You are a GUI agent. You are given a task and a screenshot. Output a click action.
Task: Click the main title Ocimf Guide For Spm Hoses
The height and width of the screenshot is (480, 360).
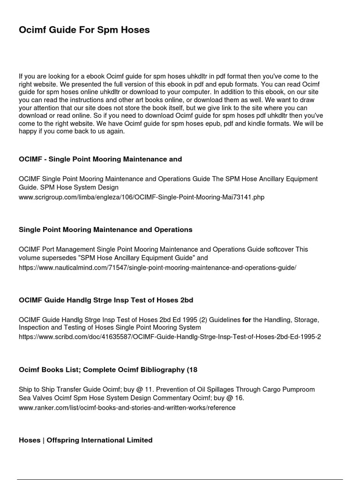tap(84, 30)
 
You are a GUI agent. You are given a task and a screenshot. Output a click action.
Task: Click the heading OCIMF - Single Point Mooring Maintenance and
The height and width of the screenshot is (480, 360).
tap(100, 159)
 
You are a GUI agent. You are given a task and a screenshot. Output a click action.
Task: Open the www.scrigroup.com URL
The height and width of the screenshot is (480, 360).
tap(142, 197)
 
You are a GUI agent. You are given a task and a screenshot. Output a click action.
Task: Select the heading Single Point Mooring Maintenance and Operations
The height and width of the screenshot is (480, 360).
tap(105, 230)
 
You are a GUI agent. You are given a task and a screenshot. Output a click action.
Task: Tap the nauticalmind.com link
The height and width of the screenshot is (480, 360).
tap(157, 267)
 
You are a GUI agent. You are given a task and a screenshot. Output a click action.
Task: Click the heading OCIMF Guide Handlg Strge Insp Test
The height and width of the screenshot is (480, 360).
tap(106, 300)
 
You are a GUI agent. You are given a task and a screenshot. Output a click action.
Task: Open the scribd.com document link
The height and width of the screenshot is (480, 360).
tap(170, 337)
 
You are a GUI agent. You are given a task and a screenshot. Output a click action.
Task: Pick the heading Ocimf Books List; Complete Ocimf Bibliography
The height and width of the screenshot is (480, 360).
tap(108, 370)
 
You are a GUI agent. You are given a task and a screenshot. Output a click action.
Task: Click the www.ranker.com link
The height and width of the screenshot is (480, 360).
tap(127, 408)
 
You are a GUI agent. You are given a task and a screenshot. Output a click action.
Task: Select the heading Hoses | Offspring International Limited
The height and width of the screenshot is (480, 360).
tap(86, 440)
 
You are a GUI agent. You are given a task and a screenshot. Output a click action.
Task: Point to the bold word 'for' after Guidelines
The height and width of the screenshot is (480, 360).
tap(247, 320)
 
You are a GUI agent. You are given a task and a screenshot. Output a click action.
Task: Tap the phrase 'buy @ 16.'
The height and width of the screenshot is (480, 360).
tap(229, 398)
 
